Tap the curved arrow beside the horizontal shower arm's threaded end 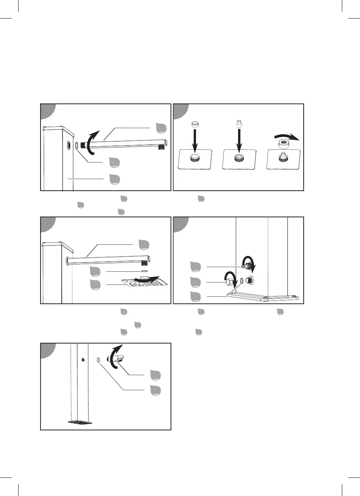tap(91, 142)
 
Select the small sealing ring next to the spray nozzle tap(98, 360)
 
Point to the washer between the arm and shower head tap(144, 271)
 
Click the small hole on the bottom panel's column tap(83, 359)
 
